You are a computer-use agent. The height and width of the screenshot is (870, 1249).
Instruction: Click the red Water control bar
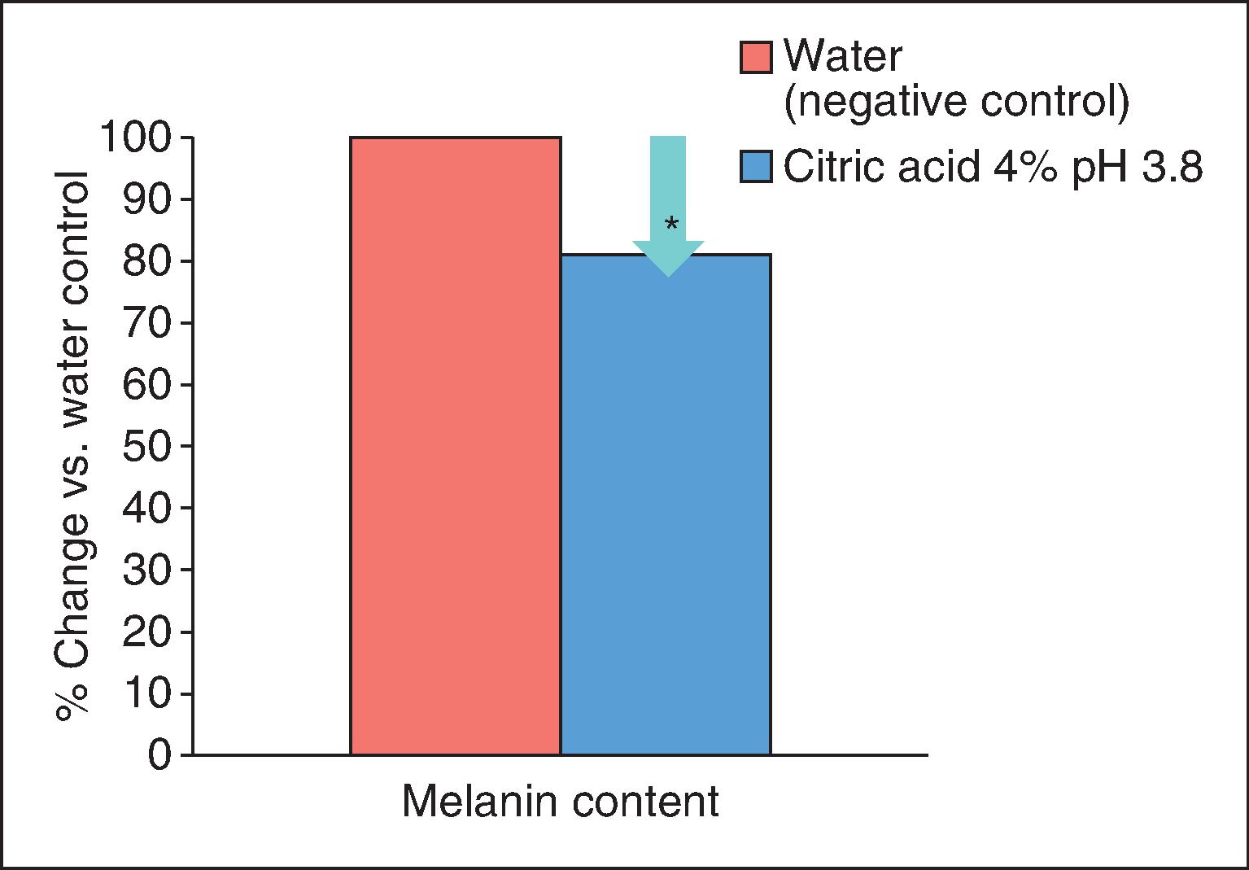[x=455, y=446]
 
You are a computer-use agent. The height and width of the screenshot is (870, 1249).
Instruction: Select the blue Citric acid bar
[x=666, y=505]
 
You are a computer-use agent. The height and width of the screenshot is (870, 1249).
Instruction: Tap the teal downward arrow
[x=668, y=203]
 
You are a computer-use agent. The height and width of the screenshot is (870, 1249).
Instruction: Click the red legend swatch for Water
[x=756, y=58]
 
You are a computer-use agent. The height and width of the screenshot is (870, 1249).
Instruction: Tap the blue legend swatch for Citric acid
[x=756, y=168]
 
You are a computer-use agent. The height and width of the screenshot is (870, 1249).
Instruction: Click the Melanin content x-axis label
[x=561, y=801]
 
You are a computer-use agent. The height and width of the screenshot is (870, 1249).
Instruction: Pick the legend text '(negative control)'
[x=956, y=103]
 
